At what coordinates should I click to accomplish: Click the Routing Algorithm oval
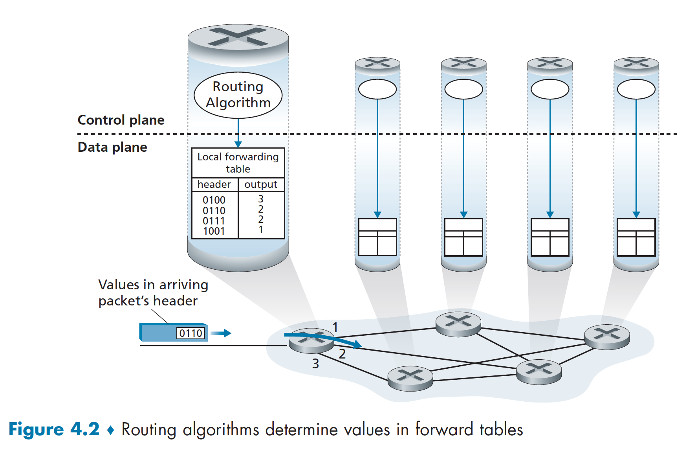point(238,95)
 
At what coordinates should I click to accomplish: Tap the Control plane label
point(121,120)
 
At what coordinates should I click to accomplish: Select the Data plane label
point(112,147)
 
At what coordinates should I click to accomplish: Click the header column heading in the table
point(214,184)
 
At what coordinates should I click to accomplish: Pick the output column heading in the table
point(261,184)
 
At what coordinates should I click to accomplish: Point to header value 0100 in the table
point(214,200)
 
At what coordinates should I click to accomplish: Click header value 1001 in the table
point(214,231)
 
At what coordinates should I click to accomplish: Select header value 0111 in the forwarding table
point(214,221)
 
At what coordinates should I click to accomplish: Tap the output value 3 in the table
point(261,199)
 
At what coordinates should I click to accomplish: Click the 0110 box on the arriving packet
point(191,333)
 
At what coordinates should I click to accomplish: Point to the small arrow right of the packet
point(221,333)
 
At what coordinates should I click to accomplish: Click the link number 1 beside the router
point(335,327)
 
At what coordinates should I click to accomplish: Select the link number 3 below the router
point(315,364)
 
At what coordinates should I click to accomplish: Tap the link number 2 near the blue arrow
point(342,354)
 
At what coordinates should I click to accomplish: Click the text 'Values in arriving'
point(153,285)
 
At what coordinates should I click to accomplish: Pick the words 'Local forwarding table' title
point(238,163)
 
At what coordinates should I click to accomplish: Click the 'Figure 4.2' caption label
point(54,429)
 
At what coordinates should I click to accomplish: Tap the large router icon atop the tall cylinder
point(238,38)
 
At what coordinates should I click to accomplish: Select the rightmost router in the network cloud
point(607,336)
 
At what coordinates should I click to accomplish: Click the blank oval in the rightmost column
point(636,89)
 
